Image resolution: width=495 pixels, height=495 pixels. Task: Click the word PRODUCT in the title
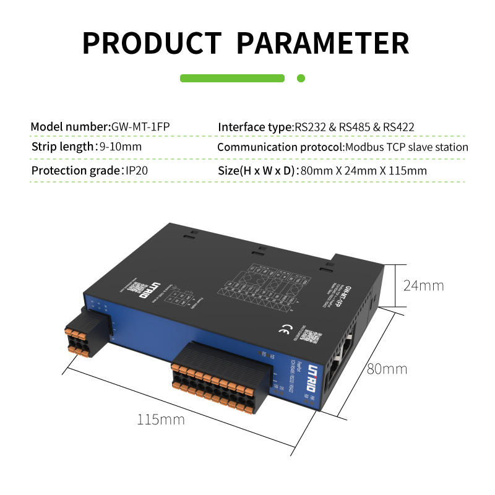point(152,43)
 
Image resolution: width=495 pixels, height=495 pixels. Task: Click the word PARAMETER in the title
point(324,43)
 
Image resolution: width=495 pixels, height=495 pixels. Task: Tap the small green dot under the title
point(301,79)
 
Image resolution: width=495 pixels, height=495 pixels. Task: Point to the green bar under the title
point(232,79)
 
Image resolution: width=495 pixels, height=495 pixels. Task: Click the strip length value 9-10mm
point(121,147)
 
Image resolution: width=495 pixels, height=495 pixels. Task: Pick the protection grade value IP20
point(137,170)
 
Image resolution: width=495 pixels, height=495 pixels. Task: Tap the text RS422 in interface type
point(398,127)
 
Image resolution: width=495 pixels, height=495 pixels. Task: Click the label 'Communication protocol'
point(280,147)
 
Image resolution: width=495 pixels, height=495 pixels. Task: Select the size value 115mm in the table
point(407,170)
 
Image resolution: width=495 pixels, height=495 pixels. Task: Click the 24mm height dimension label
point(424,286)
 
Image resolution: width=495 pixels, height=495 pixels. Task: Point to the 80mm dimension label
point(387,369)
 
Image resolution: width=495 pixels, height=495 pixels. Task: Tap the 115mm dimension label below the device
point(161,420)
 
